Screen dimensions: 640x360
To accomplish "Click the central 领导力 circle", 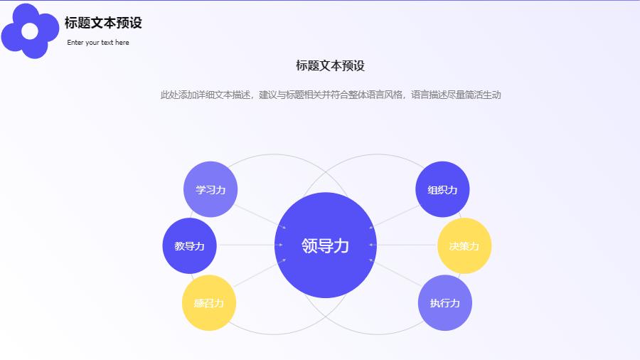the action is tap(325, 245).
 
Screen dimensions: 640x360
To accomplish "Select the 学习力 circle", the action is tap(210, 189).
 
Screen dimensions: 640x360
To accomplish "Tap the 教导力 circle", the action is tap(189, 245).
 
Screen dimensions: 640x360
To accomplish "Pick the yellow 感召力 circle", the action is tap(209, 303).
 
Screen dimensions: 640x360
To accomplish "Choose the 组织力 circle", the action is tap(442, 189).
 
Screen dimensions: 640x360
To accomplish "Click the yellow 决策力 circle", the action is tap(464, 245).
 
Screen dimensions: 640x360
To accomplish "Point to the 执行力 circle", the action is tap(445, 303).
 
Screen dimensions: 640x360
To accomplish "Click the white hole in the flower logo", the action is tap(29, 31).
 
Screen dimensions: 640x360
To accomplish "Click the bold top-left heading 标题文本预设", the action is tap(103, 23).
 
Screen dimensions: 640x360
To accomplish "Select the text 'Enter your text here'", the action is tap(98, 43).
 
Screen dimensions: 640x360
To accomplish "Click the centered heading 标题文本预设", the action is tap(330, 65).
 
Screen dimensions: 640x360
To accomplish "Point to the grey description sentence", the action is tap(331, 95).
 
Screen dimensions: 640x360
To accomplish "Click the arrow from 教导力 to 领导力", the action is tap(250, 245).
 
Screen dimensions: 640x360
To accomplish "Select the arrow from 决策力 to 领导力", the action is tap(403, 245).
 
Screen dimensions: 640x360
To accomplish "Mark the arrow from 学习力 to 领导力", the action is tap(260, 216).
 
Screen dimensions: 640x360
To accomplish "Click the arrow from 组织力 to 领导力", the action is tap(394, 217).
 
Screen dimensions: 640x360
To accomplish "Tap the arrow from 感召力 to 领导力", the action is tap(260, 272).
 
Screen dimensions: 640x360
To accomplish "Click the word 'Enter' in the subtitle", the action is tap(75, 43).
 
